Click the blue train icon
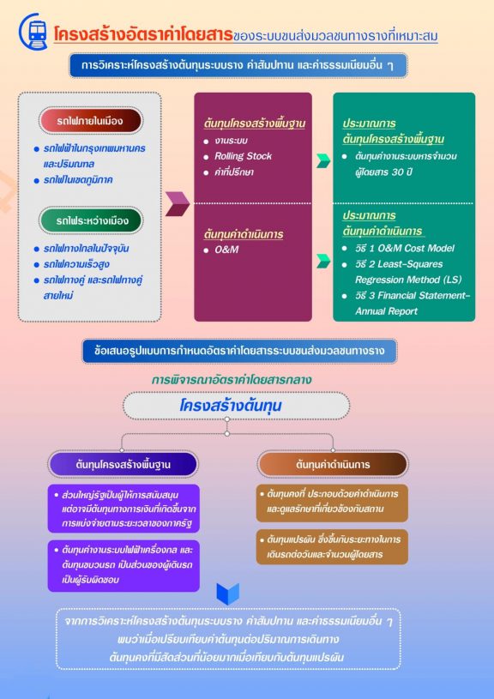click(x=33, y=31)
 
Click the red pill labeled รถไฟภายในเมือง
click(x=91, y=120)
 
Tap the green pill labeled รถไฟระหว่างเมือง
click(x=91, y=220)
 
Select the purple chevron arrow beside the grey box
click(x=178, y=204)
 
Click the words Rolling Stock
click(x=243, y=156)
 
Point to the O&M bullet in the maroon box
click(x=226, y=250)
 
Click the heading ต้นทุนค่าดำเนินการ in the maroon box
click(x=244, y=234)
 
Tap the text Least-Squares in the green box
click(x=410, y=264)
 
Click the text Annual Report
click(x=386, y=311)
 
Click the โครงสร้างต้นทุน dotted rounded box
click(x=236, y=406)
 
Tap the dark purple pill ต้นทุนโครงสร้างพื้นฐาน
click(x=123, y=465)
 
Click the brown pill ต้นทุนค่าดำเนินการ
click(x=333, y=465)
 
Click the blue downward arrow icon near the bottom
click(x=228, y=594)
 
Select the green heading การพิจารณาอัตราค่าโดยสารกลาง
click(x=231, y=380)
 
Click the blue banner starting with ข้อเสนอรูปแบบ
click(x=239, y=351)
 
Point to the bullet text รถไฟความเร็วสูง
click(x=76, y=264)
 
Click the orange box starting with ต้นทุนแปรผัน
click(x=332, y=547)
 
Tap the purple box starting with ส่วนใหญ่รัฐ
click(x=123, y=509)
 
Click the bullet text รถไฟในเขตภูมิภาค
click(x=78, y=179)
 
